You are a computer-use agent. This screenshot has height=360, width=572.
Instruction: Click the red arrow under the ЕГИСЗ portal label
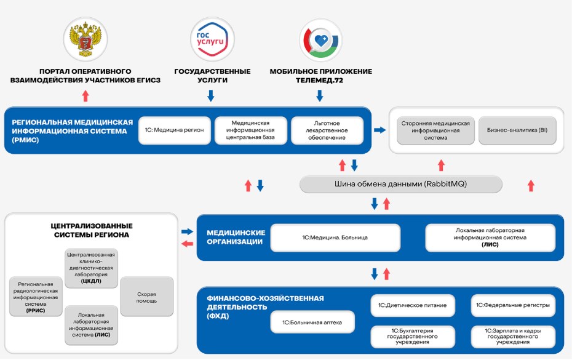85,95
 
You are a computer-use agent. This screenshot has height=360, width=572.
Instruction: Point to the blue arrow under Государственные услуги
211,95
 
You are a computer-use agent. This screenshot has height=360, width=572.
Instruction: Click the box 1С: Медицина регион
174,130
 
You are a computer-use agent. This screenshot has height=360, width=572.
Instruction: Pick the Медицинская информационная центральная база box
250,130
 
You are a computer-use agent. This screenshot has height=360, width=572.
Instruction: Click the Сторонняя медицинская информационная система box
435,130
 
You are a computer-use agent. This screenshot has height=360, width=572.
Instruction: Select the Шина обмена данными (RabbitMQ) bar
401,184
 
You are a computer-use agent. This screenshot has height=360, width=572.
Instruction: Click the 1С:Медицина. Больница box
335,237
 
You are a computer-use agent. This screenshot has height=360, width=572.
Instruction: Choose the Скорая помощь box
147,297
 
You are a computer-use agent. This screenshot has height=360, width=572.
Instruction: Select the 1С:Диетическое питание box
413,305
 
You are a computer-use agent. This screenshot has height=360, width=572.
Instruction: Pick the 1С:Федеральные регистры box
513,305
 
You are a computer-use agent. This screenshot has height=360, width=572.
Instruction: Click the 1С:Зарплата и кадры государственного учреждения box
513,337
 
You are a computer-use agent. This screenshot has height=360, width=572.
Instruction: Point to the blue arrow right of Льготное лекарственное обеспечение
380,130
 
